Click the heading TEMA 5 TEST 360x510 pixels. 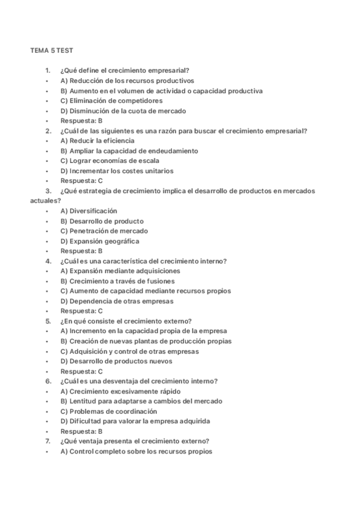point(52,51)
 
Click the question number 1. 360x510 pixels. point(47,71)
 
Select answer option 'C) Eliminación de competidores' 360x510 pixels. point(111,101)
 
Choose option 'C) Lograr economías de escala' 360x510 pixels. point(109,161)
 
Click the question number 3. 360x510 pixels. point(47,191)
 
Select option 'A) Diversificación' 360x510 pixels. point(89,211)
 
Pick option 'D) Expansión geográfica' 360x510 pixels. point(100,241)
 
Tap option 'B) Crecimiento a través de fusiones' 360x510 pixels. point(118,281)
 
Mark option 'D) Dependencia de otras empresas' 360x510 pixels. point(117,301)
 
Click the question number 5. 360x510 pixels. point(47,321)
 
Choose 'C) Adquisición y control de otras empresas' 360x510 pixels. point(130,351)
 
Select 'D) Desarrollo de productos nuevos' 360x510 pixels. point(117,361)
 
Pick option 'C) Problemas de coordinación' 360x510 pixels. point(109,411)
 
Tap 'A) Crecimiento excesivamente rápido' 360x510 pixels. point(120,392)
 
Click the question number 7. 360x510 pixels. point(47,441)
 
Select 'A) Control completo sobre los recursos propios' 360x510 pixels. point(136,452)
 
